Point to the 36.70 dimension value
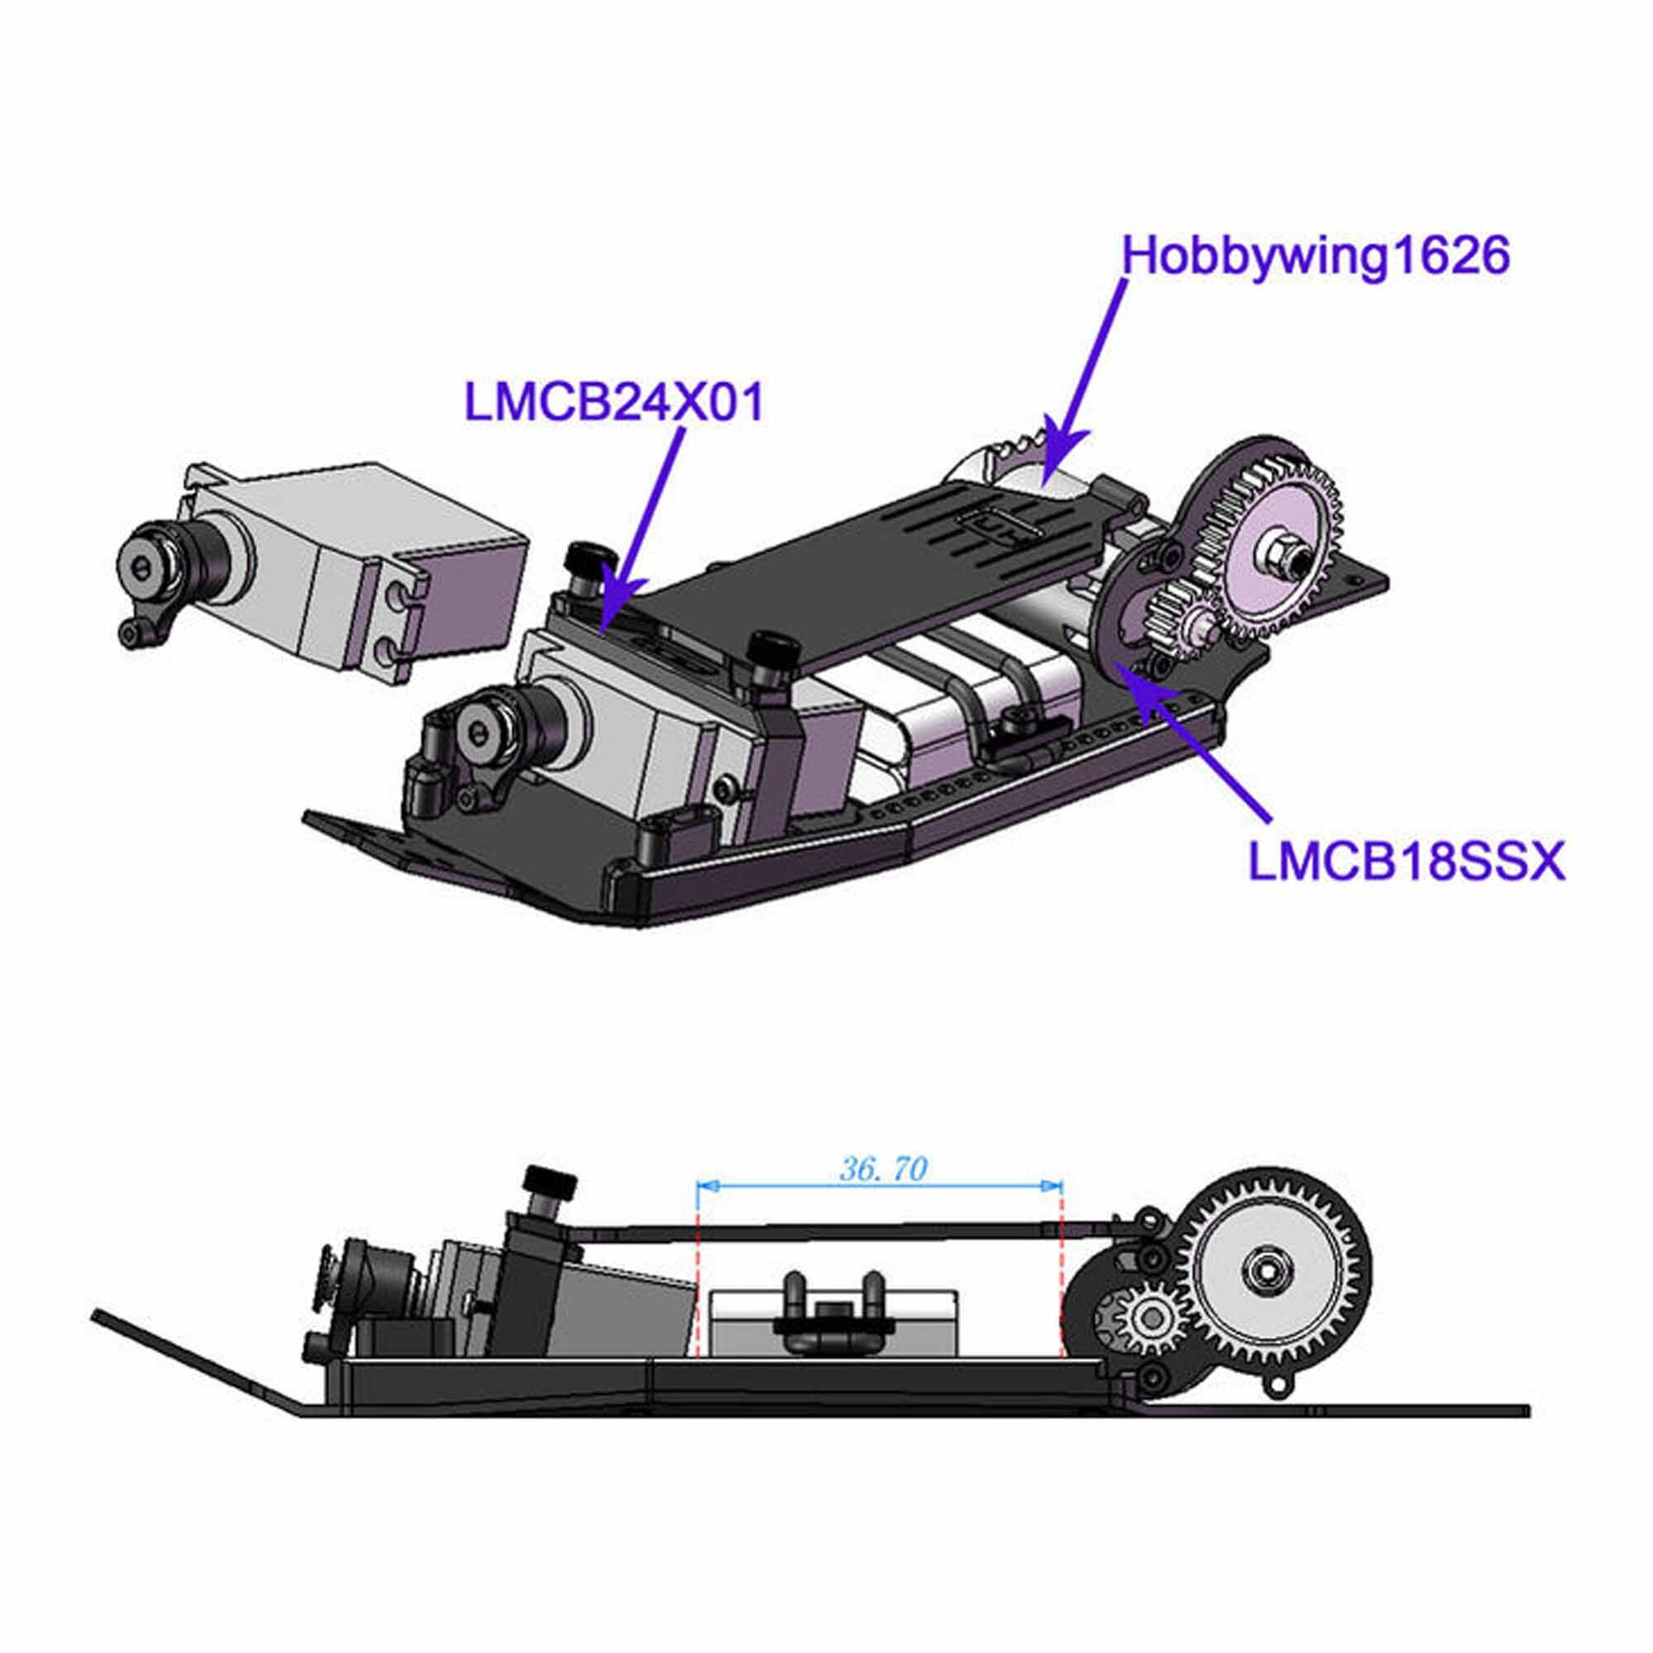coord(882,1168)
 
